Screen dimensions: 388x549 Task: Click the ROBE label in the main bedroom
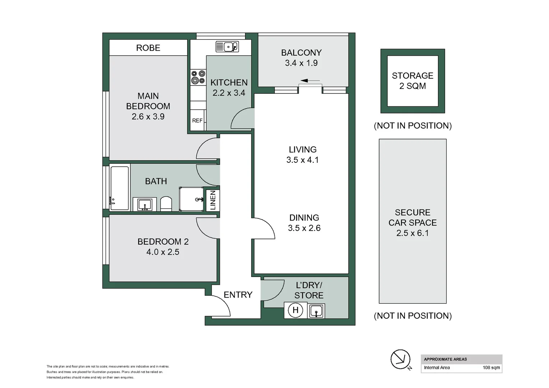coord(148,48)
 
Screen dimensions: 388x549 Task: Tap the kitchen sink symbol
coord(227,47)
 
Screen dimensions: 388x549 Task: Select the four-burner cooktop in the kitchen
coord(198,77)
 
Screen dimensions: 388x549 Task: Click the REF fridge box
coord(197,121)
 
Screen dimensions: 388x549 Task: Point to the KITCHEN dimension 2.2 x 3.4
coord(229,93)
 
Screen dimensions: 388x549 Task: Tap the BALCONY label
coord(301,52)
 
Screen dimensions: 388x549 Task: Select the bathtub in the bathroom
coord(119,188)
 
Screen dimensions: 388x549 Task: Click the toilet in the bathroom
coord(166,203)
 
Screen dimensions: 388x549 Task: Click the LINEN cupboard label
coord(213,200)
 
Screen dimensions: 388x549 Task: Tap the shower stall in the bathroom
coord(191,199)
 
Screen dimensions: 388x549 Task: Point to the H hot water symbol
coord(295,310)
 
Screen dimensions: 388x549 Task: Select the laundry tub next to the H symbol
coord(316,311)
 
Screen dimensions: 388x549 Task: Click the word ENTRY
coord(238,295)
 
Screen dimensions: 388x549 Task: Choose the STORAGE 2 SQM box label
coord(412,80)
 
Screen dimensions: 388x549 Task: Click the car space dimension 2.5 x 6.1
coord(412,233)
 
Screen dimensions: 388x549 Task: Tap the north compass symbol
coord(400,359)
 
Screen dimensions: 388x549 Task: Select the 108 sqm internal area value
coord(491,368)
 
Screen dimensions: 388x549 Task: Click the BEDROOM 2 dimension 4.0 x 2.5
coord(163,252)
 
